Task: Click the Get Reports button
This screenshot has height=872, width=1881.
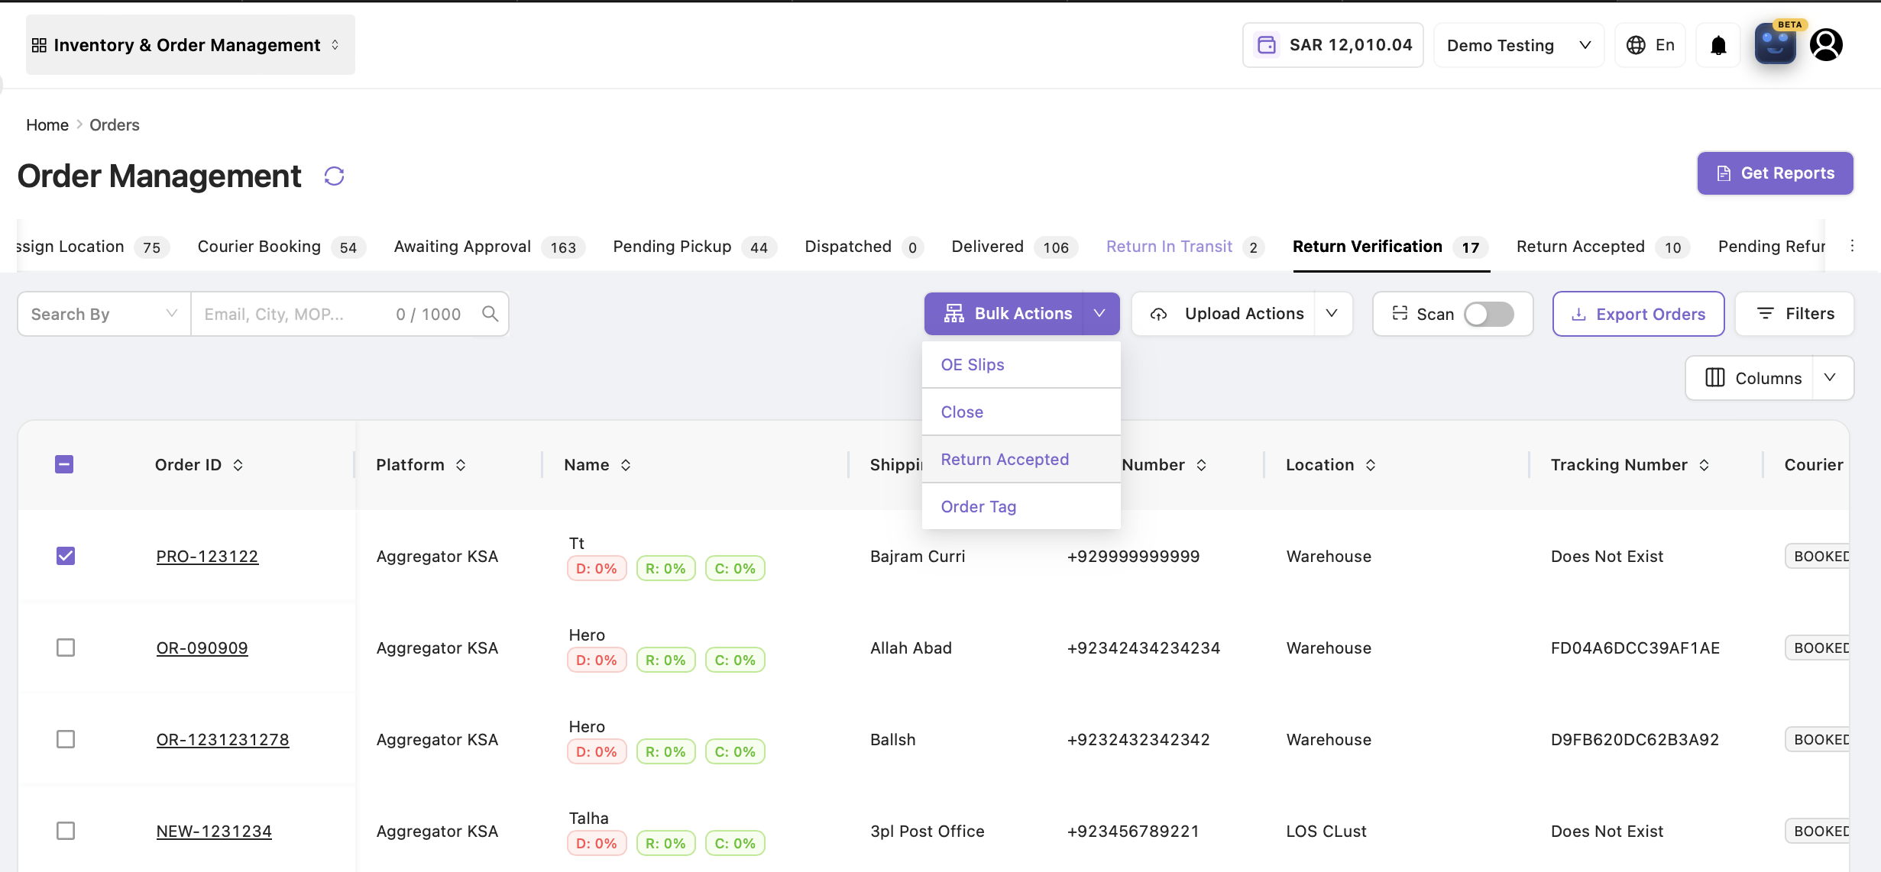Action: point(1775,173)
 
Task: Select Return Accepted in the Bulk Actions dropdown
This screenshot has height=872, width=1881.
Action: point(1005,459)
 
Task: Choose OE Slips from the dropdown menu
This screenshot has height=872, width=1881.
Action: point(973,364)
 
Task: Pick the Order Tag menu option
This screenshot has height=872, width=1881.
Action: point(979,506)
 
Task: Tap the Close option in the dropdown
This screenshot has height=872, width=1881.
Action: point(962,412)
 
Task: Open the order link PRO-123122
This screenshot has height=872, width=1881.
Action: point(207,556)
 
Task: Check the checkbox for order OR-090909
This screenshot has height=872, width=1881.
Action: point(66,648)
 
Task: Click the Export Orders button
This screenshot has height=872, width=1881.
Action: point(1638,314)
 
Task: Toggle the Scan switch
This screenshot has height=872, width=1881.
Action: point(1488,314)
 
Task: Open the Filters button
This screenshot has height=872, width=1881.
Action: point(1794,314)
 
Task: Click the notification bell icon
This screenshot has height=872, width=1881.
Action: point(1718,46)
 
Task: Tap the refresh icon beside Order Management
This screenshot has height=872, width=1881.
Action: point(334,176)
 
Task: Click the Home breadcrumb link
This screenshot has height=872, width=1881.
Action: point(47,124)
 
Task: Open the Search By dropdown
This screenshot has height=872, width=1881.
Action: point(104,314)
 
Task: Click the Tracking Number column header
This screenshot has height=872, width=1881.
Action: point(1619,464)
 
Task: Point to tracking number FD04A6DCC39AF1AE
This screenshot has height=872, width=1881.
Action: point(1635,648)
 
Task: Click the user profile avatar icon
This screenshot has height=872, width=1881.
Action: point(1826,45)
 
